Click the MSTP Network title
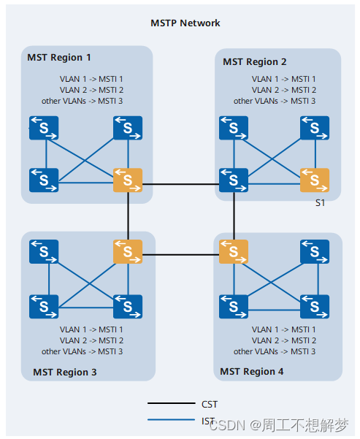pos(185,23)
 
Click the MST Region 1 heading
pos(59,57)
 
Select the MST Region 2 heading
pos(255,61)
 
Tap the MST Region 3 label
pos(65,373)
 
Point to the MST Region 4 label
pos(252,372)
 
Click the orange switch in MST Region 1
pos(128,180)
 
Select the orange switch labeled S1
pos(315,180)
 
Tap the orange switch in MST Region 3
pos(128,251)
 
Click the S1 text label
pos(320,202)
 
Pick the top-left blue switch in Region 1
pos(44,128)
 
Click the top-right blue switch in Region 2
pos(315,128)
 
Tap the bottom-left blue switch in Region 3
pos(44,305)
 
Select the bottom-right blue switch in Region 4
pos(315,305)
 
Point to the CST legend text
pos(209,404)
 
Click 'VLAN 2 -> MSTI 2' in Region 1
pos(91,90)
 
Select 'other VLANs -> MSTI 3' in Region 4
pos(275,351)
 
